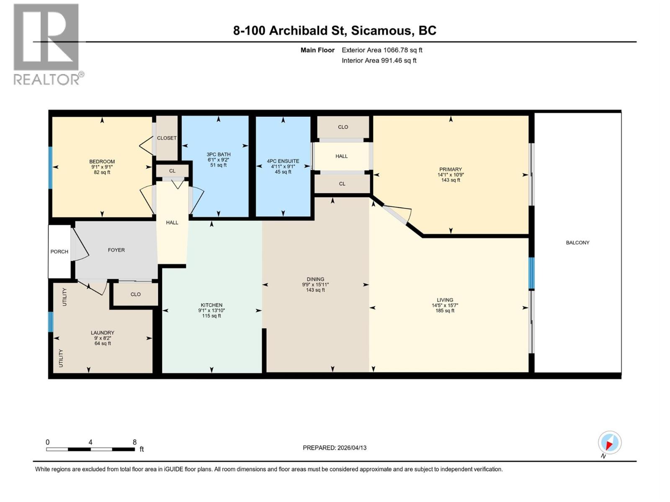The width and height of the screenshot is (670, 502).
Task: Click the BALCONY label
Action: click(577, 243)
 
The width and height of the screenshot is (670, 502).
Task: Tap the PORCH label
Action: click(59, 251)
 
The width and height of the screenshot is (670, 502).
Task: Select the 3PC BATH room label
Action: click(218, 154)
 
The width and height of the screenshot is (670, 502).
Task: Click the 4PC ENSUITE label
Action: click(283, 161)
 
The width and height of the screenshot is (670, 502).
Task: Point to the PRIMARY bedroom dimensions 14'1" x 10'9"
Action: click(451, 175)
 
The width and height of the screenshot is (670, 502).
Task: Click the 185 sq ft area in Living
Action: click(445, 311)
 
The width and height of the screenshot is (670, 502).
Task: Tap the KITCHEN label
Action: click(211, 305)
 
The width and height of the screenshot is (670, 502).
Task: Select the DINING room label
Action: click(315, 279)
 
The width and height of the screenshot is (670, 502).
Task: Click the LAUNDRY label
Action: click(103, 333)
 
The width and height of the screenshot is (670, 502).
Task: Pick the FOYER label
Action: click(116, 250)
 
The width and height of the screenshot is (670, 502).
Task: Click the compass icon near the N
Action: click(609, 443)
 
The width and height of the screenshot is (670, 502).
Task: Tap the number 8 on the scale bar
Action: click(134, 442)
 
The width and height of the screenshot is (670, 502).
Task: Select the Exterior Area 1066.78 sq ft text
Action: click(381, 50)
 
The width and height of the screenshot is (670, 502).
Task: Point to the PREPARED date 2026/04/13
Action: click(351, 448)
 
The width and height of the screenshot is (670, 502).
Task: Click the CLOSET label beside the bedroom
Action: click(167, 138)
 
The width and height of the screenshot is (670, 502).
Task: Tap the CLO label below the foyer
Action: click(135, 294)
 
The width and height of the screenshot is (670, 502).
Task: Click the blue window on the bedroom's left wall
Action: click(50, 167)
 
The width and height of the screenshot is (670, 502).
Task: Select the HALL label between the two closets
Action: click(341, 156)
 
